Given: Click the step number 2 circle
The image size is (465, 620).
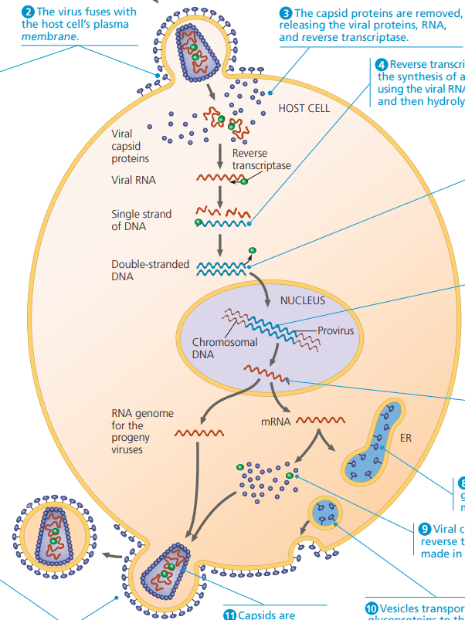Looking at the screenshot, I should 29,12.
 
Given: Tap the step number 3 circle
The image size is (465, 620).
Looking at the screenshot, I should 286,13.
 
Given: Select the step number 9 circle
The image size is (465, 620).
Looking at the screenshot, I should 424,529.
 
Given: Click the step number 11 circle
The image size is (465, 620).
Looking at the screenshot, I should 229,615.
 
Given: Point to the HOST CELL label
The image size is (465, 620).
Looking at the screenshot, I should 304,108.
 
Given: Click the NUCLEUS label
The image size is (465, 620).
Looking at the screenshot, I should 302,300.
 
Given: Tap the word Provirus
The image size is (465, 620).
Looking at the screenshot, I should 335,330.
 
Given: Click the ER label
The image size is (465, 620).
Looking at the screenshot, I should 406,439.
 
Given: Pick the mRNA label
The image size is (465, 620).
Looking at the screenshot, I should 275,422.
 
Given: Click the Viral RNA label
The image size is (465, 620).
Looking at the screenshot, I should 133,181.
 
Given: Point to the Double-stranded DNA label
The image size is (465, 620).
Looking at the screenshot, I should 150,270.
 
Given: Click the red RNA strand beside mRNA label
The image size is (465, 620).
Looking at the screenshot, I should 320,422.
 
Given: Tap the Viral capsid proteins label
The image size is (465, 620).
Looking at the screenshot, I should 131,146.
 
